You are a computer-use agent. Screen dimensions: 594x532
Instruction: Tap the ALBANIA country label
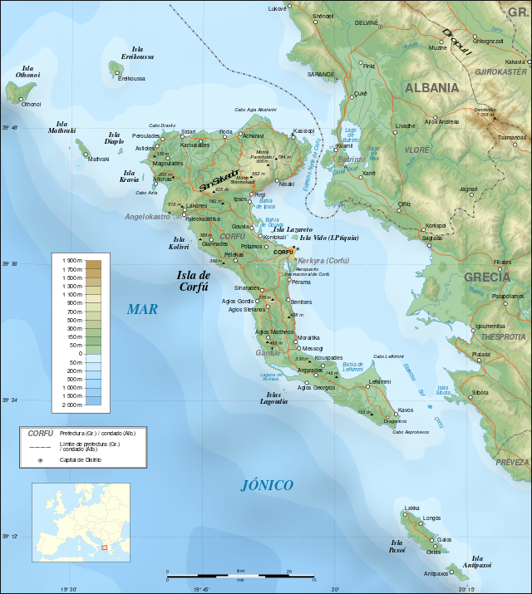click(431, 87)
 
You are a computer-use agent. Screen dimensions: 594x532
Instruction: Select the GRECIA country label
click(487, 277)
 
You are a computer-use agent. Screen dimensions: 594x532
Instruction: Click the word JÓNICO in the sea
click(267, 485)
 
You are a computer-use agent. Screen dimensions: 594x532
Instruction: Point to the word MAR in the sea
click(142, 309)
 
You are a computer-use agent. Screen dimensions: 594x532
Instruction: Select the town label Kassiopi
click(304, 130)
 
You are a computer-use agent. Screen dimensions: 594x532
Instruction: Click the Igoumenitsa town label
click(490, 326)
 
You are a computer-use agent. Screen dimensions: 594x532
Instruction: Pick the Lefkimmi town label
click(380, 381)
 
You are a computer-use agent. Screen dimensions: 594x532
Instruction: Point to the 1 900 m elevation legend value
click(72, 262)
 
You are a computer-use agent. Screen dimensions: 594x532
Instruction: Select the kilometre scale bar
click(240, 573)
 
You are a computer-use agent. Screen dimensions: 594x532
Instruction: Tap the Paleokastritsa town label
click(203, 218)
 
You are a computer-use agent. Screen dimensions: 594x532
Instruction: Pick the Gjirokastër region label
click(501, 72)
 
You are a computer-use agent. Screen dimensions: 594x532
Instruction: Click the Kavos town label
click(406, 410)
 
